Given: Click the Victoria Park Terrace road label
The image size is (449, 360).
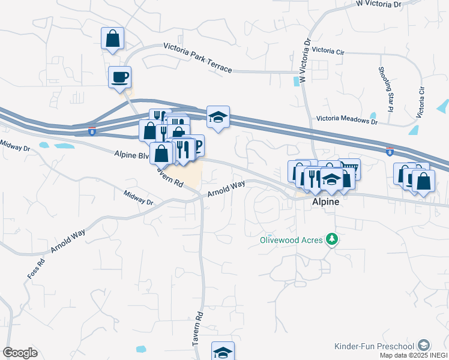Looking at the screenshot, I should coord(197,58).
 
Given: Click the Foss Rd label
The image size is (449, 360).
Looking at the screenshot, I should coord(37,266).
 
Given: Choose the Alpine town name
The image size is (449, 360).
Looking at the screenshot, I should coord(326,202).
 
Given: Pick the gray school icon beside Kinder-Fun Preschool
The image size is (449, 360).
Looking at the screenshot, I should coord(424,345).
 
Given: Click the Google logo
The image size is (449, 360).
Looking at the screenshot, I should coord(20,353).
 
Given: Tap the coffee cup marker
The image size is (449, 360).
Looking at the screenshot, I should coord(119,77).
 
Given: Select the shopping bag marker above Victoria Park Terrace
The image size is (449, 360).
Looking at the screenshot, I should coord(112,38).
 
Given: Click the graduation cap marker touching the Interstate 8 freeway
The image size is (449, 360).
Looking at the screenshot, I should coord(218,117).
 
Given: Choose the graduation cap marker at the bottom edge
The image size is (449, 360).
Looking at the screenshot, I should coord(223,352).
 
